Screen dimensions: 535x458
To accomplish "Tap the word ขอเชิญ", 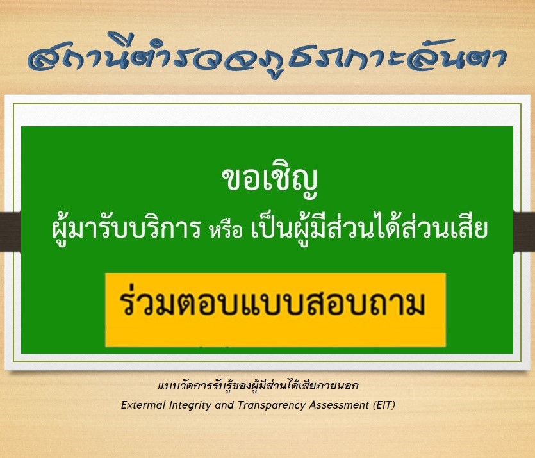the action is [270, 180].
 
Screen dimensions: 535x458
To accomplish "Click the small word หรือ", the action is [226, 230].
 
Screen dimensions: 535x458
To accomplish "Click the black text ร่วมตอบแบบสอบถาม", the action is [273, 302].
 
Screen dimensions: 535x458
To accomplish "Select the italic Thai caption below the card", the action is [258, 386].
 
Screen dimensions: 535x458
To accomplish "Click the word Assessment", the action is [339, 405].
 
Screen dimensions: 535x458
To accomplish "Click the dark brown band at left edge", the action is [11, 231].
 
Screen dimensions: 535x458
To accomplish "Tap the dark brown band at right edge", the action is [524, 233].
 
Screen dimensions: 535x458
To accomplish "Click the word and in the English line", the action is [224, 405].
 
